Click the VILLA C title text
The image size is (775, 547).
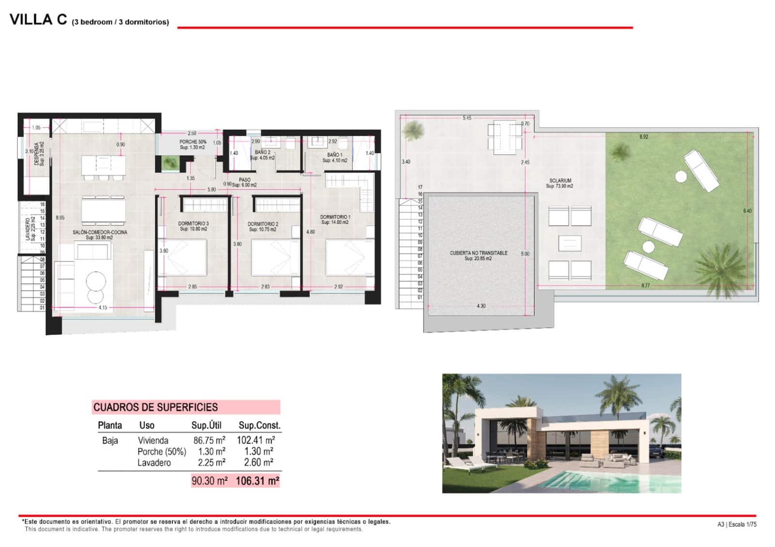point(38,19)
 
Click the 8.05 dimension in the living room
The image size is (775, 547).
point(60,218)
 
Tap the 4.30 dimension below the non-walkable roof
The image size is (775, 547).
point(480,306)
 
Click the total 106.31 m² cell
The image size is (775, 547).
point(257,481)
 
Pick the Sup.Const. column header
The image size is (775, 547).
point(259,425)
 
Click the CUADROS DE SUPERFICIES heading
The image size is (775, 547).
point(155,408)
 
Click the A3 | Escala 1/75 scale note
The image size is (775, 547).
point(736,524)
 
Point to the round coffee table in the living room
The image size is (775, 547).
point(96,280)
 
